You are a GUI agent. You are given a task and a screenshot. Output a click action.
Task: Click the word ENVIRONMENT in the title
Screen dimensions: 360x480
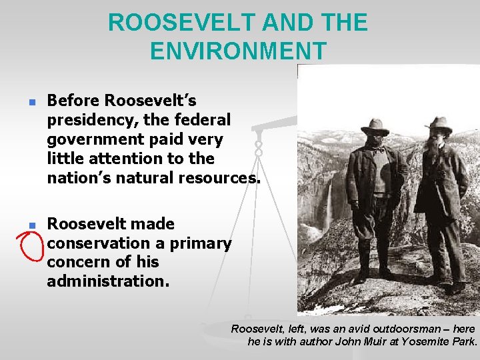[x=238, y=51]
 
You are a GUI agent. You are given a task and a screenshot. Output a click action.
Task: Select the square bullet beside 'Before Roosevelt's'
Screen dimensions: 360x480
[x=30, y=104]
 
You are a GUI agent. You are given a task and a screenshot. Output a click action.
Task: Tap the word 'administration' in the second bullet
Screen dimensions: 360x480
[x=106, y=281]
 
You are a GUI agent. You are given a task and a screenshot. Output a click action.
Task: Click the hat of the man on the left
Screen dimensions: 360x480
[x=375, y=126]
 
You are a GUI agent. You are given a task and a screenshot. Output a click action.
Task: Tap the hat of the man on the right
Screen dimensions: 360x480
[x=439, y=123]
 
